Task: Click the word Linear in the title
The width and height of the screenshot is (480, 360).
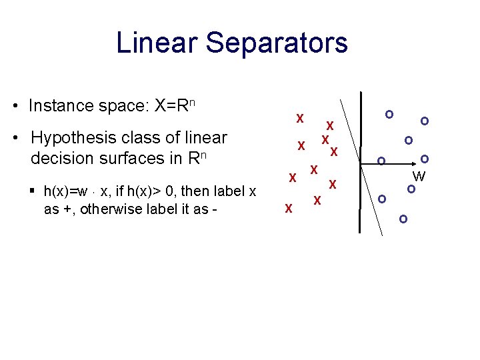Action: click(x=157, y=43)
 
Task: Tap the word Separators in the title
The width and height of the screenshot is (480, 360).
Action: click(x=277, y=43)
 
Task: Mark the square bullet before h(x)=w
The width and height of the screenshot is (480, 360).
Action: click(x=33, y=191)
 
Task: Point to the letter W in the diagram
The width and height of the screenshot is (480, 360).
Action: click(x=419, y=177)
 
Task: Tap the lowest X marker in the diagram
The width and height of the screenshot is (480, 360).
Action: click(x=289, y=209)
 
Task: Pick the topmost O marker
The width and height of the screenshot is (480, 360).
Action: click(x=389, y=115)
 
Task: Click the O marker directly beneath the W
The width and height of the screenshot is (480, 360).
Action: click(x=412, y=189)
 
